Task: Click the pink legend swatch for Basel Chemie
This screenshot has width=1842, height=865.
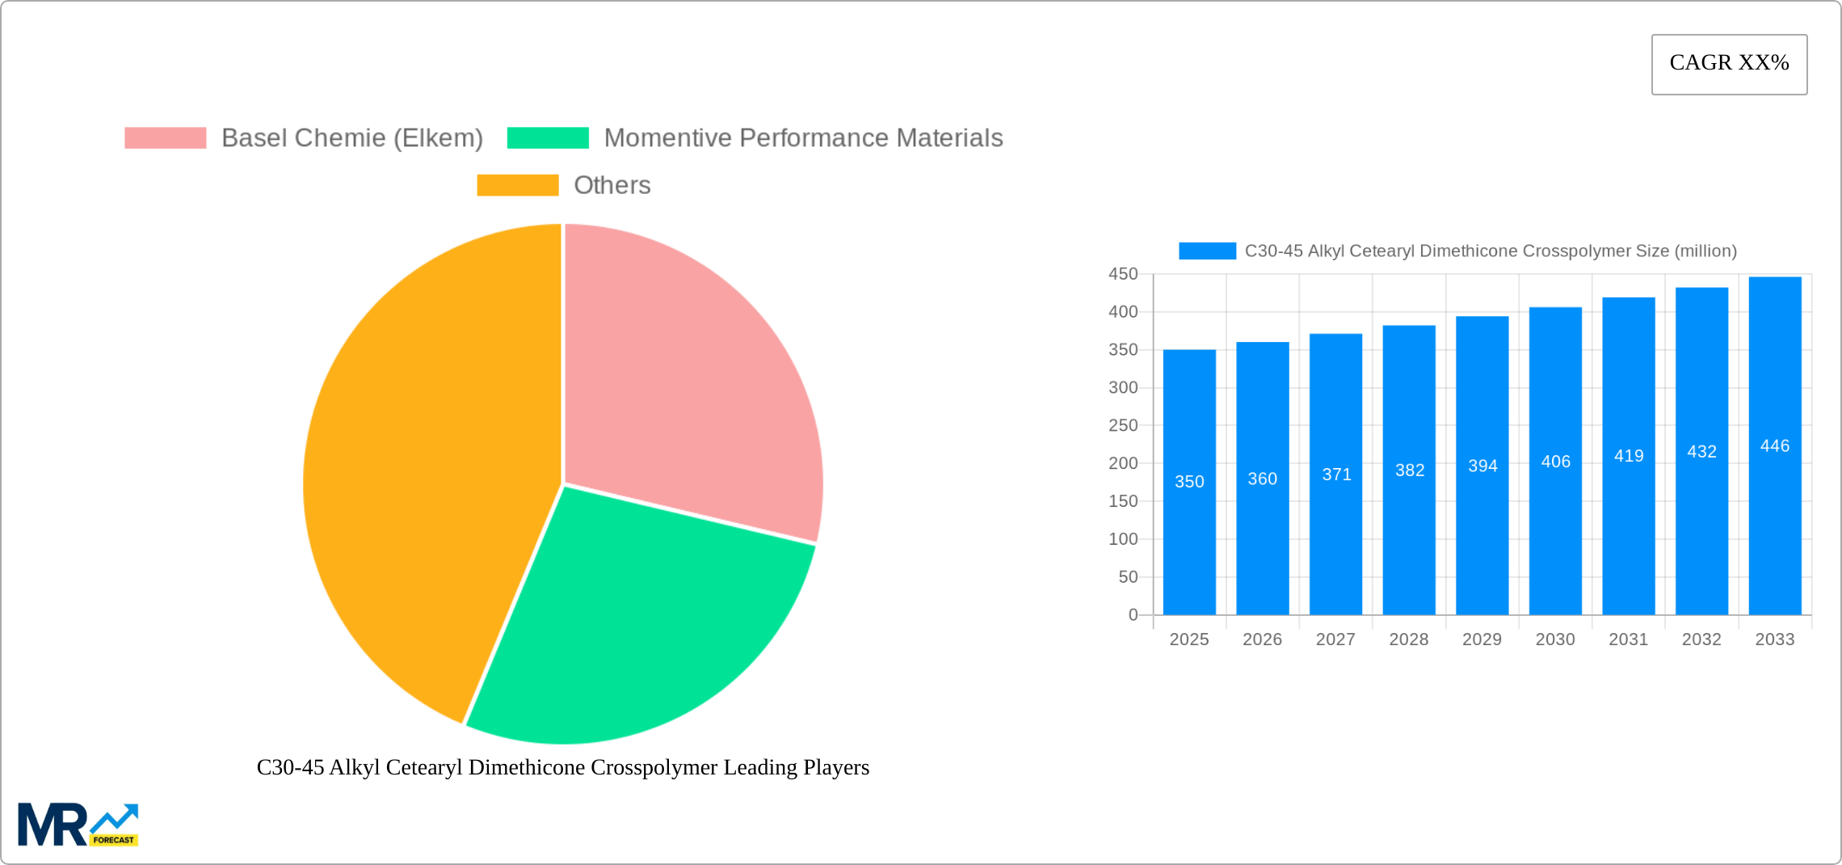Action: coord(165,138)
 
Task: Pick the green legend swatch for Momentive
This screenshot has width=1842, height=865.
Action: coord(548,138)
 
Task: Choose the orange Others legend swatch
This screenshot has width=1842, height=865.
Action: coord(517,185)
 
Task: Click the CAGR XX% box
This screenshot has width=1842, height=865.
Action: coord(1729,64)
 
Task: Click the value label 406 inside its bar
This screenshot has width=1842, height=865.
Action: coord(1556,462)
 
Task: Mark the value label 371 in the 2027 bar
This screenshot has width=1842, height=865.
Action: coord(1336,475)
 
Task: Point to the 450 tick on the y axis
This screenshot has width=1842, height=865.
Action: coord(1123,274)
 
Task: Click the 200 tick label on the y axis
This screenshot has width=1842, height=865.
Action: coord(1123,463)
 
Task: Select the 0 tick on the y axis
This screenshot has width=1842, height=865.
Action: coord(1133,614)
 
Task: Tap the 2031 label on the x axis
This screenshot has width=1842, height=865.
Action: coord(1629,639)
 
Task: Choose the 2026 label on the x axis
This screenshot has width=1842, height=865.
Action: coord(1262,639)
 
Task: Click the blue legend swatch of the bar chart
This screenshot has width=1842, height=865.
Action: coord(1207,251)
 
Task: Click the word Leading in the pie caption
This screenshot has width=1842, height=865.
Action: coord(759,767)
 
